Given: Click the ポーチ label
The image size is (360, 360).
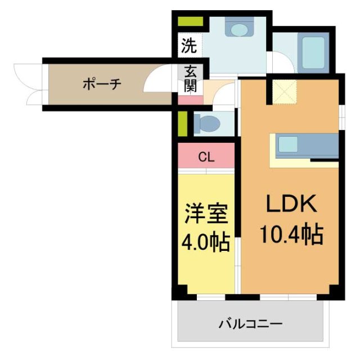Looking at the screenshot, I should (x=102, y=84).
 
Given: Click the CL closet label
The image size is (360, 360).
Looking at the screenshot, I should (x=206, y=157).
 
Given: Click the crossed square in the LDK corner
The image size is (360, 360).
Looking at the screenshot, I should (x=285, y=91).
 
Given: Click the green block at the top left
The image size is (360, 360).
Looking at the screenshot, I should (x=190, y=22).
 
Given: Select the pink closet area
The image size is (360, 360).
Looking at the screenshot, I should (x=206, y=156).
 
